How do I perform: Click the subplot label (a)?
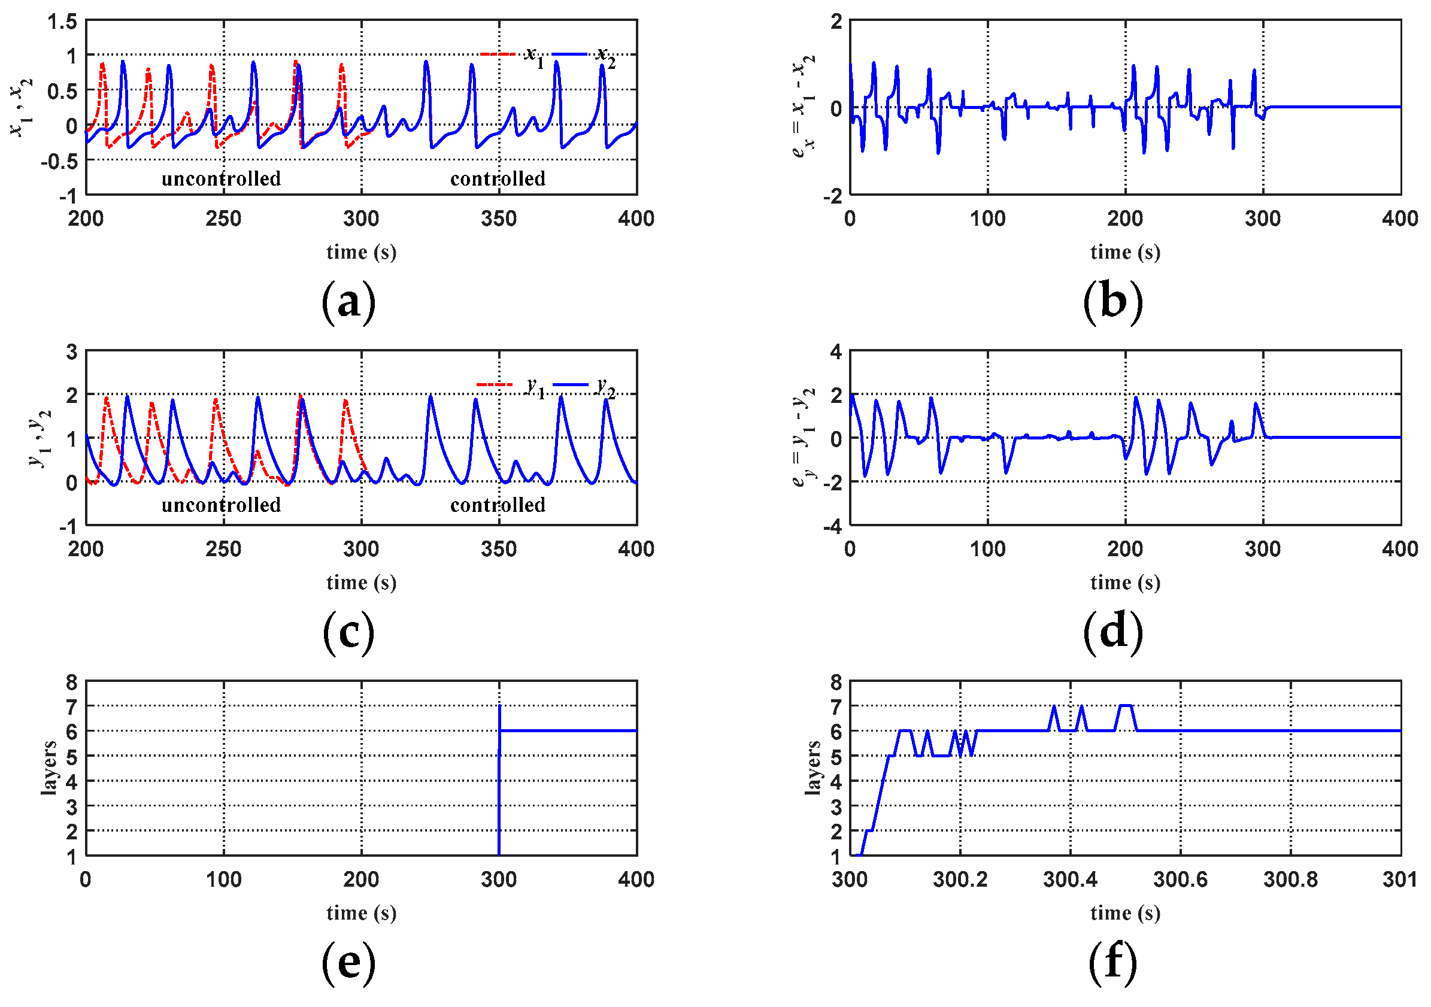coord(348,303)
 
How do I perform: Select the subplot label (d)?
coord(1112,633)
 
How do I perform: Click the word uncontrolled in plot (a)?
coord(222,179)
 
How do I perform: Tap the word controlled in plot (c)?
coord(498,505)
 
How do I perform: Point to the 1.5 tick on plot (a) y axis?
coord(62,22)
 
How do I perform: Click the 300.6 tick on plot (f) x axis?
coord(1180,879)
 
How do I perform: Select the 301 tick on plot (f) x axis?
coord(1400,879)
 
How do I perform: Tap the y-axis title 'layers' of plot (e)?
coord(48,768)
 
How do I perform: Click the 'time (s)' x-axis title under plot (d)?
coord(1125,583)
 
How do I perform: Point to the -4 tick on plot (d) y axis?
coord(832,527)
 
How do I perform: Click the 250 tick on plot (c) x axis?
coord(224,549)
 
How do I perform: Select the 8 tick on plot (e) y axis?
coord(72,683)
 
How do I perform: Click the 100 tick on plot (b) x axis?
coord(988,219)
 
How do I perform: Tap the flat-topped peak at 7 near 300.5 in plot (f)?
coord(1126,706)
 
